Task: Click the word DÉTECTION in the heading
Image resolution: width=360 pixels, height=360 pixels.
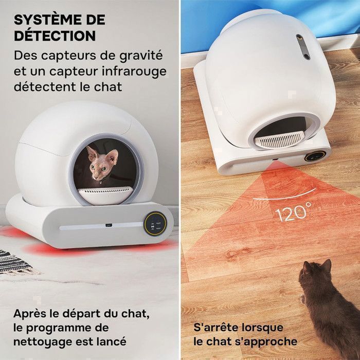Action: tap(55, 35)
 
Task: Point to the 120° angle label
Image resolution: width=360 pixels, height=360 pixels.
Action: tap(293, 212)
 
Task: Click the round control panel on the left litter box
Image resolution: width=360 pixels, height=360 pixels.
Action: tap(154, 223)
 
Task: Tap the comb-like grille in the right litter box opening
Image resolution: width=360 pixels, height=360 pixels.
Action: tap(281, 139)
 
